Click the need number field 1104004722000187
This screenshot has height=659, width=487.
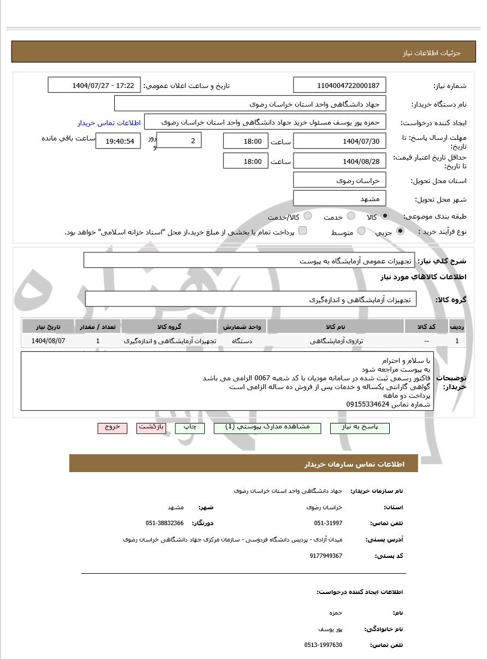click(x=339, y=85)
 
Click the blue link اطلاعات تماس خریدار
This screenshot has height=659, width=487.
click(x=109, y=123)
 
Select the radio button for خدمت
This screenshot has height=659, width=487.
click(x=351, y=216)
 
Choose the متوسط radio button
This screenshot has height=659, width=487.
click(x=361, y=232)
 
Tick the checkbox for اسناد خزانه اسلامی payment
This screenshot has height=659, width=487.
click(x=302, y=231)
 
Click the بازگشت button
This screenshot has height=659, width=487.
click(x=151, y=427)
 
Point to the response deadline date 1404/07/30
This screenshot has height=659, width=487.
click(x=339, y=142)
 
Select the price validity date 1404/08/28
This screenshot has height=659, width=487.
click(x=339, y=161)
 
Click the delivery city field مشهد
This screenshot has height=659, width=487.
click(x=339, y=198)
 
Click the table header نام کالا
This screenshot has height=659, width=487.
click(x=335, y=327)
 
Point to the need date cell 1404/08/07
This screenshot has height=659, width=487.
click(x=48, y=340)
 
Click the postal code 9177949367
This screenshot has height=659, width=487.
click(x=326, y=556)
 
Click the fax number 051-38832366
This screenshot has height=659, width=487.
click(x=165, y=523)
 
